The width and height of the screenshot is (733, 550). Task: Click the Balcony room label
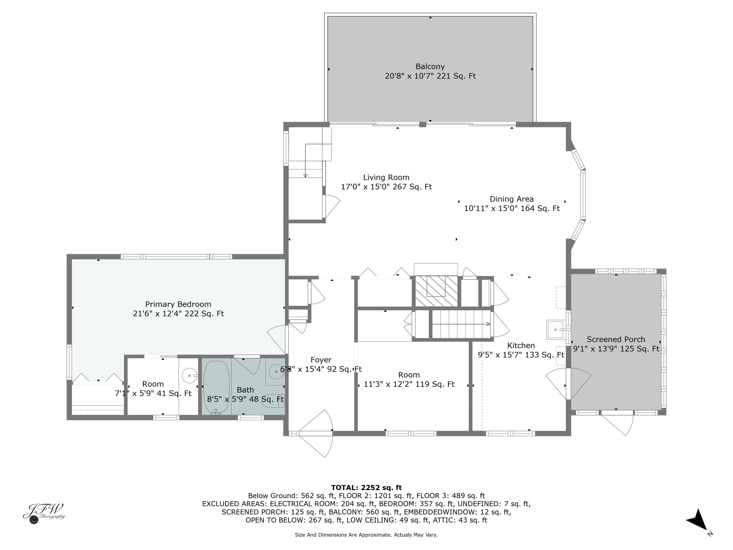click(x=430, y=67)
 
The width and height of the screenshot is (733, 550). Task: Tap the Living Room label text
click(x=386, y=177)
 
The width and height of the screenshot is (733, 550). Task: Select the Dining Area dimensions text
click(x=511, y=209)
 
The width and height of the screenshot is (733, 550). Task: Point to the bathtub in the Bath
click(x=216, y=387)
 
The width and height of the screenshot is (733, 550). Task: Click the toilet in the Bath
click(x=272, y=400)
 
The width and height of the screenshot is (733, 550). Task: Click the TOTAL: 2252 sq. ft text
click(x=366, y=488)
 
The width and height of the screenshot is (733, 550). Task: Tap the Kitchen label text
click(x=521, y=345)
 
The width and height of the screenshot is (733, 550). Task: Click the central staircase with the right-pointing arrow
click(x=461, y=324)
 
